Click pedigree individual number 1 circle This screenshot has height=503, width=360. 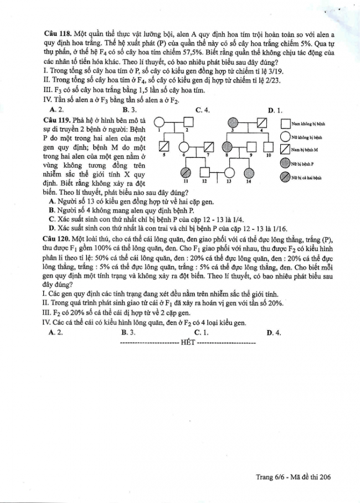click(x=159, y=122)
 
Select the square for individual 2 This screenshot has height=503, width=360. click(x=188, y=122)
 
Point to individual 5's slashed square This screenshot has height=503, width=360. click(x=164, y=147)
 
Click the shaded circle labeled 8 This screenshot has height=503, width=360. click(x=228, y=147)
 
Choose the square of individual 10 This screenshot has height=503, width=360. click(x=269, y=147)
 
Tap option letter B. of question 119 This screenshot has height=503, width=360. click(x=52, y=210)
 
